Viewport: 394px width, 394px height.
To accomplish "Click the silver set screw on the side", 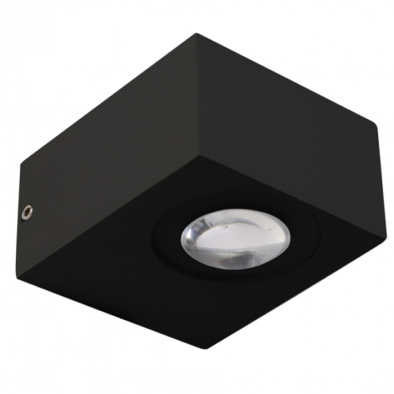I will click(x=26, y=213).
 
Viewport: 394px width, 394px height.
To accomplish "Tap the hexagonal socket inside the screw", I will click(x=26, y=213).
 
